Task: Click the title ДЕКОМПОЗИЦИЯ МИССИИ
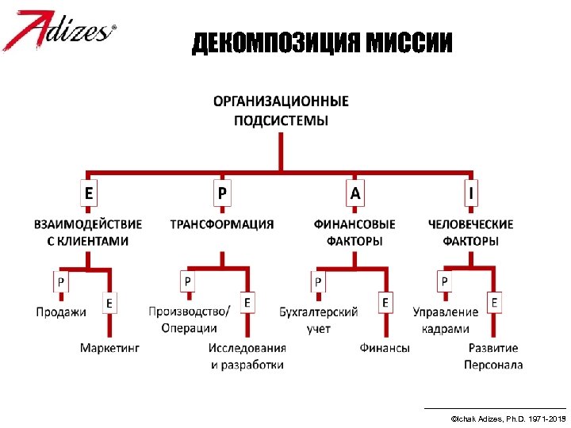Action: [322, 44]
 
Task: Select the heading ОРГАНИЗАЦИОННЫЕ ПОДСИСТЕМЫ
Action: [281, 111]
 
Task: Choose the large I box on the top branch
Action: [471, 193]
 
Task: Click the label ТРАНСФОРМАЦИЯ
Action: [222, 224]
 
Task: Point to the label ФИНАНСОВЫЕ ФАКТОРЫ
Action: [354, 232]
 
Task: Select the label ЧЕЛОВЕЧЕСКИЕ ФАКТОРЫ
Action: [470, 232]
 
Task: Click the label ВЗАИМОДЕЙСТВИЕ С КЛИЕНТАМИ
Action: [88, 232]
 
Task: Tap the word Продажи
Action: [61, 311]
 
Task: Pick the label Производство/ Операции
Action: [189, 319]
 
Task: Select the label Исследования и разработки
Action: [247, 356]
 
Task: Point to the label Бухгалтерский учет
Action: [319, 319]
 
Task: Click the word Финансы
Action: [385, 347]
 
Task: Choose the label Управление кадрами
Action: [446, 319]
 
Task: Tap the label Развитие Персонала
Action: [493, 356]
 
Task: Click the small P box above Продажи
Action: [61, 281]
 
